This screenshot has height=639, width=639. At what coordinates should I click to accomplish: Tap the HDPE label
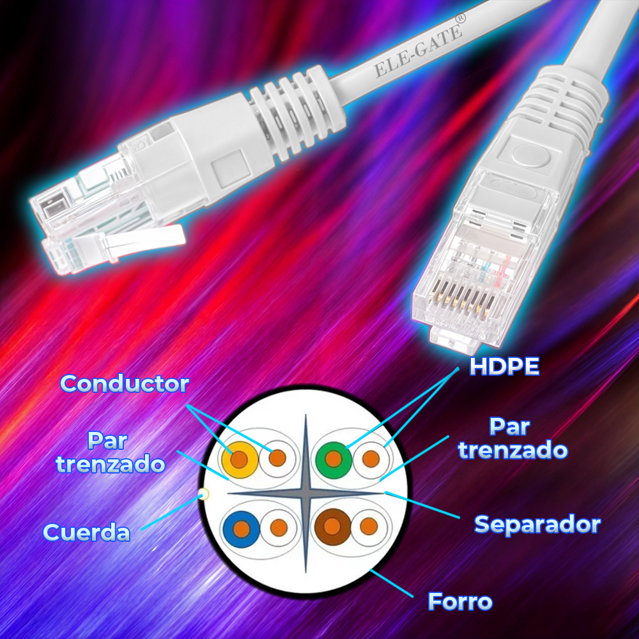(505, 366)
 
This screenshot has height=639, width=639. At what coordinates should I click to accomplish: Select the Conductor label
(125, 383)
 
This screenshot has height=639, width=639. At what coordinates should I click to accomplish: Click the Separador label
(537, 525)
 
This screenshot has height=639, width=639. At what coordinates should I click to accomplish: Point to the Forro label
(460, 601)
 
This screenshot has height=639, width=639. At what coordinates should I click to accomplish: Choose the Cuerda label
(86, 532)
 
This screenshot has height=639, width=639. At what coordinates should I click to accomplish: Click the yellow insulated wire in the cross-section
(240, 459)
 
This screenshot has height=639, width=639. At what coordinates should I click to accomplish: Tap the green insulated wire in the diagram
(334, 459)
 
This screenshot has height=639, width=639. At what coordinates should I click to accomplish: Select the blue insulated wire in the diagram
(242, 529)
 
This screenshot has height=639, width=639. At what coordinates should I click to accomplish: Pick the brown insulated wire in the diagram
(332, 527)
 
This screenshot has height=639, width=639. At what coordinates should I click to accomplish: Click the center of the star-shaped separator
(305, 493)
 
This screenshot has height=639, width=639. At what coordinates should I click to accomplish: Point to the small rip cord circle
(204, 495)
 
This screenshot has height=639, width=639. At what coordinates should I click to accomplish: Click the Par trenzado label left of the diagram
(110, 452)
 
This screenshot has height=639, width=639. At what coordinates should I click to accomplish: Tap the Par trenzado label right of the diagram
(512, 438)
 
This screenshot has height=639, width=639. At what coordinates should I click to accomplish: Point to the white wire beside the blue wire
(279, 528)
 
